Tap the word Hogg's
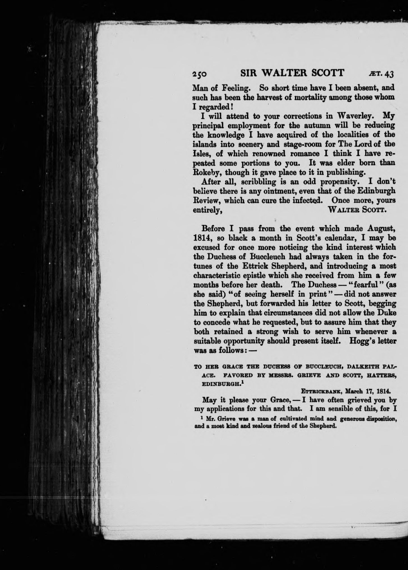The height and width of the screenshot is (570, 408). [361, 341]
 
